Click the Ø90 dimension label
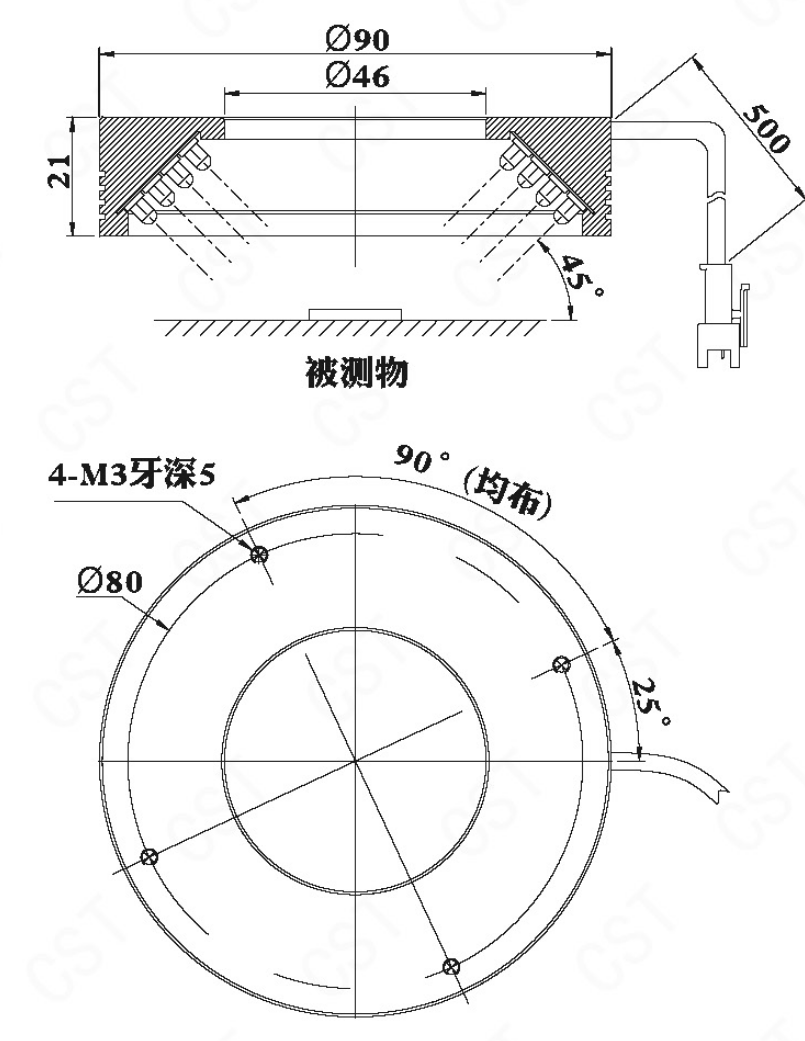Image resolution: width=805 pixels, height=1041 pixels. pyautogui.click(x=357, y=38)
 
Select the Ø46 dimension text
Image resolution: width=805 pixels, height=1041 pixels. pyautogui.click(x=357, y=76)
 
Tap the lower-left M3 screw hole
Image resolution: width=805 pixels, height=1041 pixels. pyautogui.click(x=150, y=856)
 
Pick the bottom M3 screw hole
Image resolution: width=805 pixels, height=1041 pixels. pyautogui.click(x=450, y=965)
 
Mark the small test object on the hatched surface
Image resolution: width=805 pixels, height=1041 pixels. pyautogui.click(x=356, y=314)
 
